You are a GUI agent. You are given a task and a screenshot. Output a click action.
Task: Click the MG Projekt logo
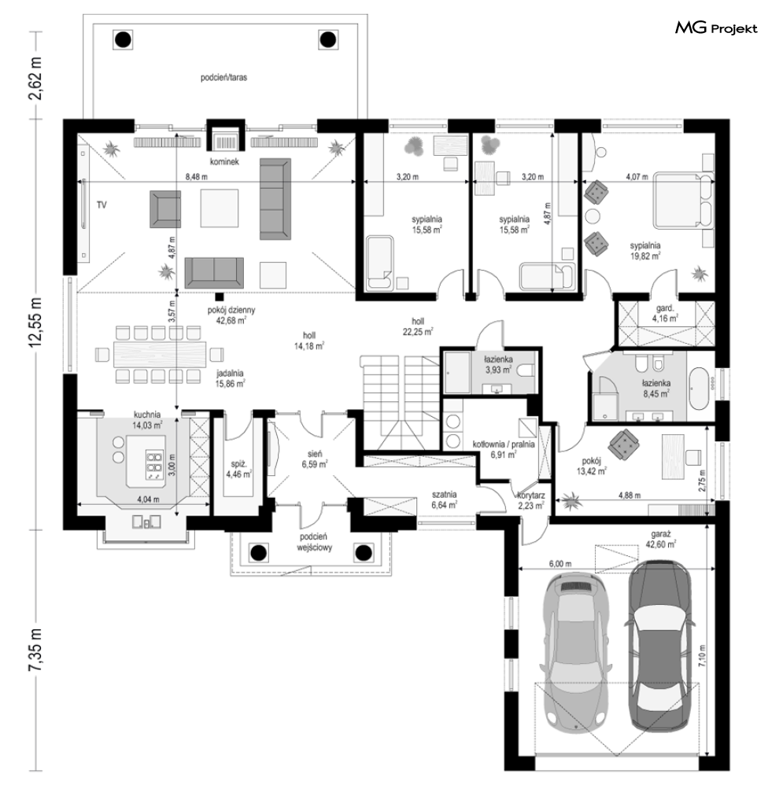716,28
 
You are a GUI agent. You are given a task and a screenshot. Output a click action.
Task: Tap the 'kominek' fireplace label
224,162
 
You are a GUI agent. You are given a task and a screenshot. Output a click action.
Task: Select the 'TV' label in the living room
102,205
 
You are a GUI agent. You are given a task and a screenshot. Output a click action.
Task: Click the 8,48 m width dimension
197,177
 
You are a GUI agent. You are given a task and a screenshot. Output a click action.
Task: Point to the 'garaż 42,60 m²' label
661,540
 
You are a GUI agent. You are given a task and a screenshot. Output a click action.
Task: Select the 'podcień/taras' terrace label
224,78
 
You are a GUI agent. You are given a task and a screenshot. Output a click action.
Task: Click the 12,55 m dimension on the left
36,325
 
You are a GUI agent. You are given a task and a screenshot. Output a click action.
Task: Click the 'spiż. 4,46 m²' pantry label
238,469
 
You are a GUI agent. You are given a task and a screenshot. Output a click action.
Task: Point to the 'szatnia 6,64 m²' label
445,499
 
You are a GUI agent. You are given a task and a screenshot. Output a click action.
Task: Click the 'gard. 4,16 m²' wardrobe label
665,313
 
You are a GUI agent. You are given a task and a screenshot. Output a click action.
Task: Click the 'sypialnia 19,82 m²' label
645,251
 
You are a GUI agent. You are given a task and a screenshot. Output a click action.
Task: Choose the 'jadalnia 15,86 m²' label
230,378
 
